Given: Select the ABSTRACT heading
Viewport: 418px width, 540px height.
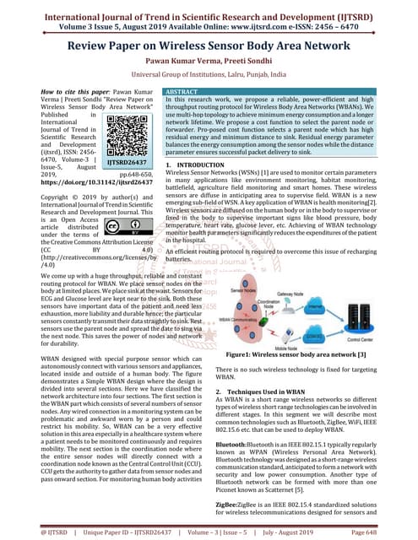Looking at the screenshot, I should tap(182, 89).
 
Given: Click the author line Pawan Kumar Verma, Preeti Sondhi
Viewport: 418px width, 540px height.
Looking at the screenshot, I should tap(209, 62).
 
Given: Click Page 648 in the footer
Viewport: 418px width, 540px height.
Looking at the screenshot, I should tap(389, 532).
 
